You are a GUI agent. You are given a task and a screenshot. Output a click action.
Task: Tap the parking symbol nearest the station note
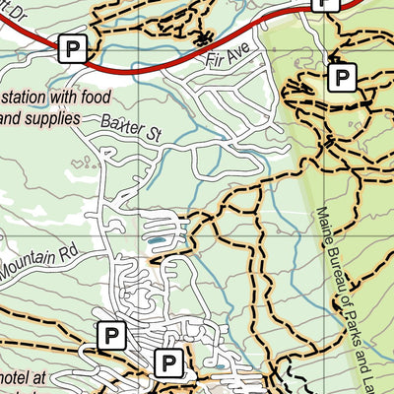(71, 46)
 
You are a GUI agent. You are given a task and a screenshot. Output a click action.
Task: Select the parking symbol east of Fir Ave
(342, 77)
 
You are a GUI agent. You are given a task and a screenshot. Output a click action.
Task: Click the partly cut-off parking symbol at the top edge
(324, 4)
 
